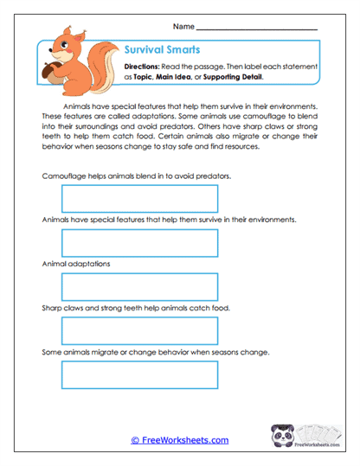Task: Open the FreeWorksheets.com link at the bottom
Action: [x=179, y=440]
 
